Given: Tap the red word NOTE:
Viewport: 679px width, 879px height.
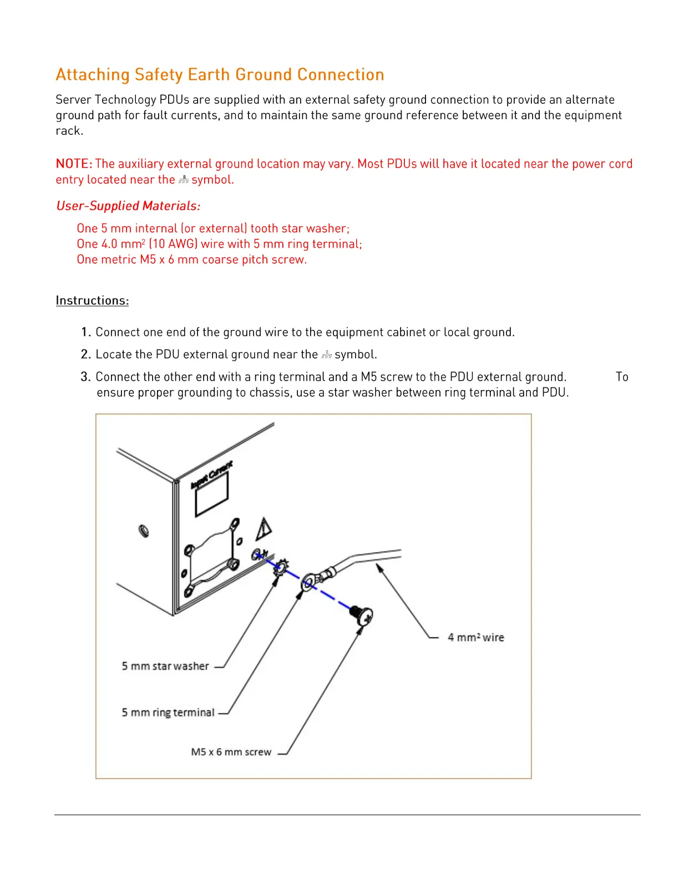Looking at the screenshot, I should coord(74,164).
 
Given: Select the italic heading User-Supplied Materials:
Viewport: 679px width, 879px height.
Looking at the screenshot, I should coord(128,206).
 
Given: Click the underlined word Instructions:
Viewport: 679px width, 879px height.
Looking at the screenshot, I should coord(92,301).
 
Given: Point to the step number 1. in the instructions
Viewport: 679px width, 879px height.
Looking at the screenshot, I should coord(86,332).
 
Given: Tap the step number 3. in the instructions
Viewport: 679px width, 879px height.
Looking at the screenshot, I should coord(85,377).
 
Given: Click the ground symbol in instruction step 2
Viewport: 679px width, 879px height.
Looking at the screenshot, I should coord(326,355).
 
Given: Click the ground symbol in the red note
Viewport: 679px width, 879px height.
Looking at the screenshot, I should coord(184,180).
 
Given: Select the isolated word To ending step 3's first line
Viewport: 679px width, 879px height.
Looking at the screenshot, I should coord(622,377).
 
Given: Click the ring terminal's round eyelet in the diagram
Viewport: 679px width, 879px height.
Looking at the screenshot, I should coord(308,583).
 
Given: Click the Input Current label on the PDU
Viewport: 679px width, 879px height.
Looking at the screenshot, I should coord(211,475).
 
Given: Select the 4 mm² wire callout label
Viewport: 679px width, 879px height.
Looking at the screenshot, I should coord(475,638).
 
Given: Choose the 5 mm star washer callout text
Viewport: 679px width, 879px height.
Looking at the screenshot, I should coord(165,666).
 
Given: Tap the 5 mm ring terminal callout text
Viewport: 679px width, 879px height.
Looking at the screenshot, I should coord(168,713).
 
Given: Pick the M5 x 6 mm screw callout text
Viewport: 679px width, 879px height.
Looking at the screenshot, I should coord(231,752).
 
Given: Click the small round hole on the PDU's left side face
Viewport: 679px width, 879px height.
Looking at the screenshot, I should coord(143,531).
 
